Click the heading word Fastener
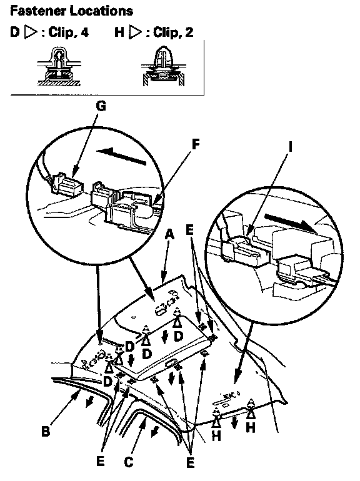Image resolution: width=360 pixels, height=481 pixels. (38, 11)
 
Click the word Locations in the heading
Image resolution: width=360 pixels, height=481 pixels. (102, 11)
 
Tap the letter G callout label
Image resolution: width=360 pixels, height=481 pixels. (101, 106)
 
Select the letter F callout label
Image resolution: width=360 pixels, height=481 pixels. (196, 144)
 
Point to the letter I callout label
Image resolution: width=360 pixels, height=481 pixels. (290, 147)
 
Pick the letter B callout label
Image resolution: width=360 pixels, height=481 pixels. (46, 432)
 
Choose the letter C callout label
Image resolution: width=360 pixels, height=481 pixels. (129, 462)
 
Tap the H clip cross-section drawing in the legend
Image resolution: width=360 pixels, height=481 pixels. (164, 66)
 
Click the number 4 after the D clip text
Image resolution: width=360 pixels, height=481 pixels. (85, 32)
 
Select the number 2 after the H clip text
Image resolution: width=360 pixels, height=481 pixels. (189, 32)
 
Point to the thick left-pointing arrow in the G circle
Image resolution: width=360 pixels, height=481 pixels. (121, 156)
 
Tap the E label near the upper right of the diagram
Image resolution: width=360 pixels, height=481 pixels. (190, 230)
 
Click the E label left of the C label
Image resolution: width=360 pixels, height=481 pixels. (101, 461)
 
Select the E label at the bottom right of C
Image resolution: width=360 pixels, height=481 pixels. (190, 463)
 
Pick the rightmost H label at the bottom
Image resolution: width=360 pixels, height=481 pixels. (251, 427)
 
